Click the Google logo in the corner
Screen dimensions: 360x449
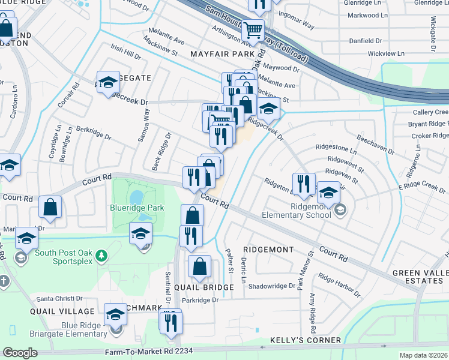tap(20, 353)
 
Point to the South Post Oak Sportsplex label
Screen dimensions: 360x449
tap(65, 257)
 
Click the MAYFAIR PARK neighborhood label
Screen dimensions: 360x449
tap(223, 54)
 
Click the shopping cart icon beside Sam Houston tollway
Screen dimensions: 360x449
tap(253, 28)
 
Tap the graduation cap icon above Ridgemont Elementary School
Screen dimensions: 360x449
tap(328, 193)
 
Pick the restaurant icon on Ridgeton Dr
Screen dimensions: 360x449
tap(303, 183)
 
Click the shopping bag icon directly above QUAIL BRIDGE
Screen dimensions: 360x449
tap(199, 266)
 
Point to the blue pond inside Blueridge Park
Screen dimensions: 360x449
tap(136, 197)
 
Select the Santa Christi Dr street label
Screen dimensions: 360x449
tap(59, 298)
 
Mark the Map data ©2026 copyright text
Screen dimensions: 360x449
tap(424, 355)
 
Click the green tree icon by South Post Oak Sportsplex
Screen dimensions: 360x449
tap(102, 256)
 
